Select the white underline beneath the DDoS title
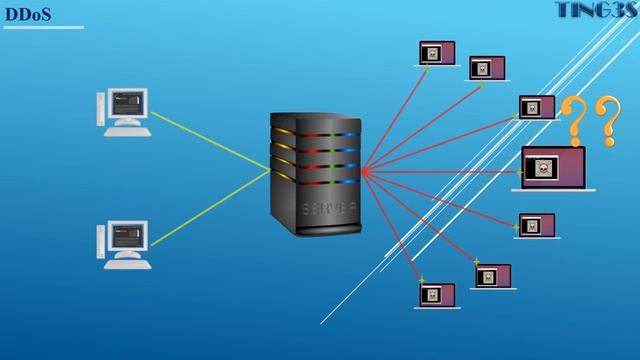pos(44,28)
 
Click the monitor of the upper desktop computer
pos(128,103)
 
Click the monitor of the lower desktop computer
pos(128,236)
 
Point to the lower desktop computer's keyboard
pos(126,264)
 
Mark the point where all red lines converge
pos(361,171)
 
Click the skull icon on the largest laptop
pos(543,168)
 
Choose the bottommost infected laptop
pos(436,295)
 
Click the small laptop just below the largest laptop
pos(535,225)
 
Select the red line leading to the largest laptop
pos(440,171)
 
